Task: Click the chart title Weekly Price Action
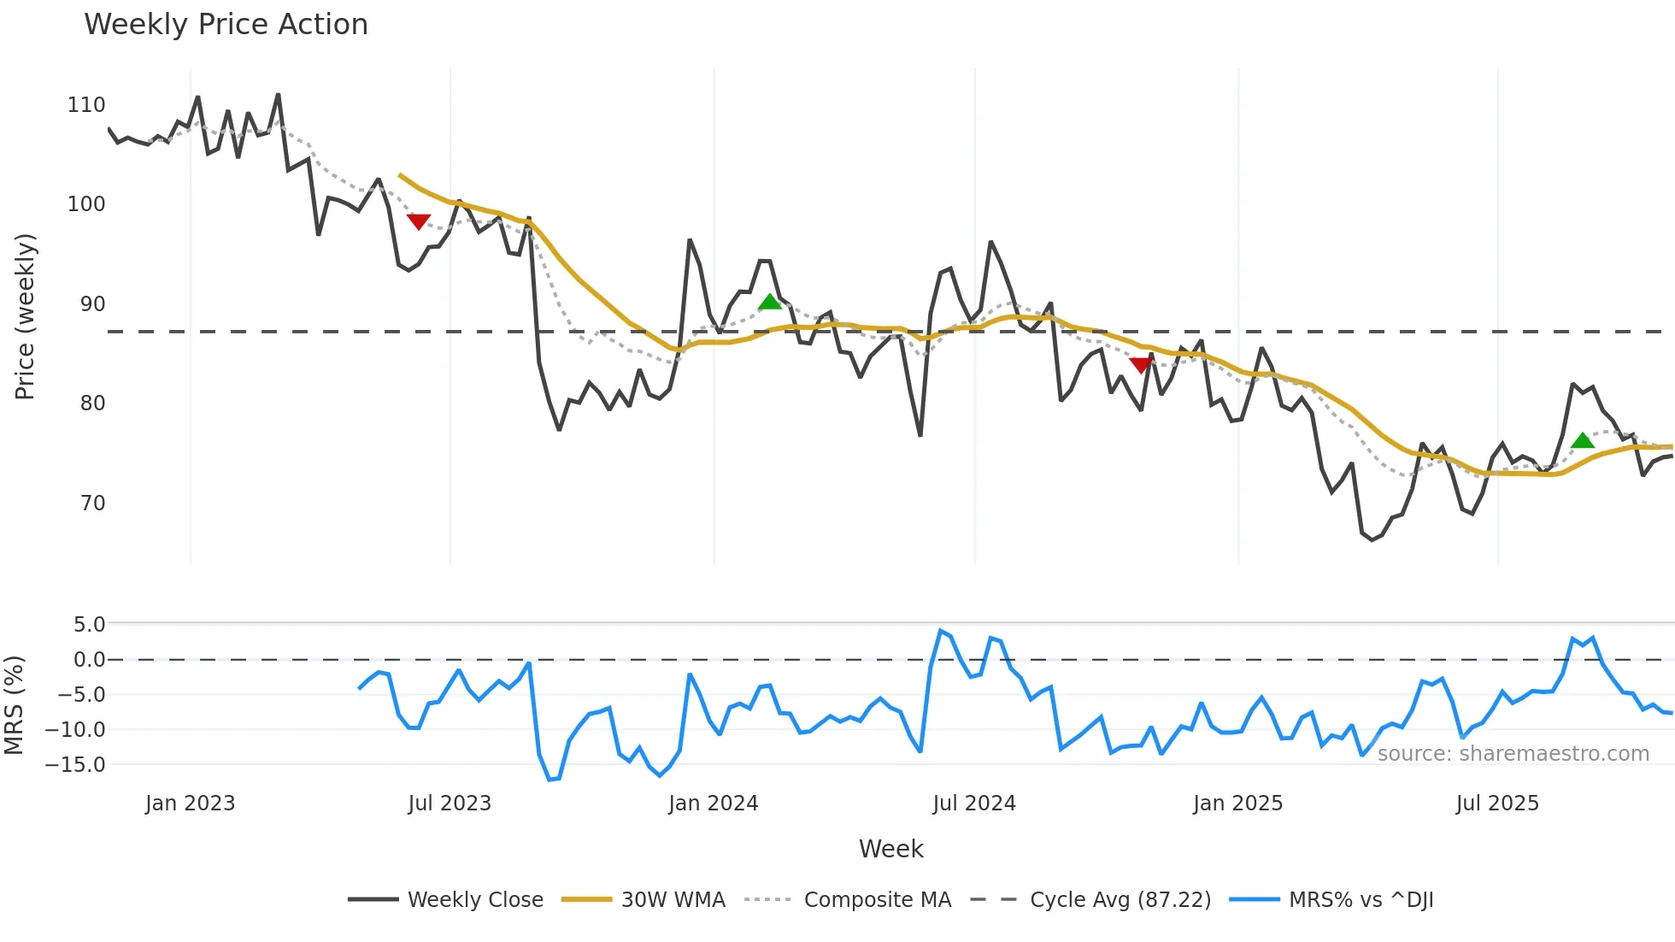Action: point(226,25)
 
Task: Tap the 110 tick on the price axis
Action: point(86,105)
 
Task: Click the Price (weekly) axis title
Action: point(26,316)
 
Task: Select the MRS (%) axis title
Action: point(14,705)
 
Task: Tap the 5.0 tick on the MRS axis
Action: point(89,625)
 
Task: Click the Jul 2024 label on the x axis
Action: point(973,804)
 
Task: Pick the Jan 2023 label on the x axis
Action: point(190,804)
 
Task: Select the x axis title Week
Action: point(890,849)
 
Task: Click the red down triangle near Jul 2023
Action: point(418,221)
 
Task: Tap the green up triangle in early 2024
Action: point(769,302)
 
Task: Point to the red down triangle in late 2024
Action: point(1141,365)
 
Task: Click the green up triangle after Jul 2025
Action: point(1583,441)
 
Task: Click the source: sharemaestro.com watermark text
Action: point(1513,754)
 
